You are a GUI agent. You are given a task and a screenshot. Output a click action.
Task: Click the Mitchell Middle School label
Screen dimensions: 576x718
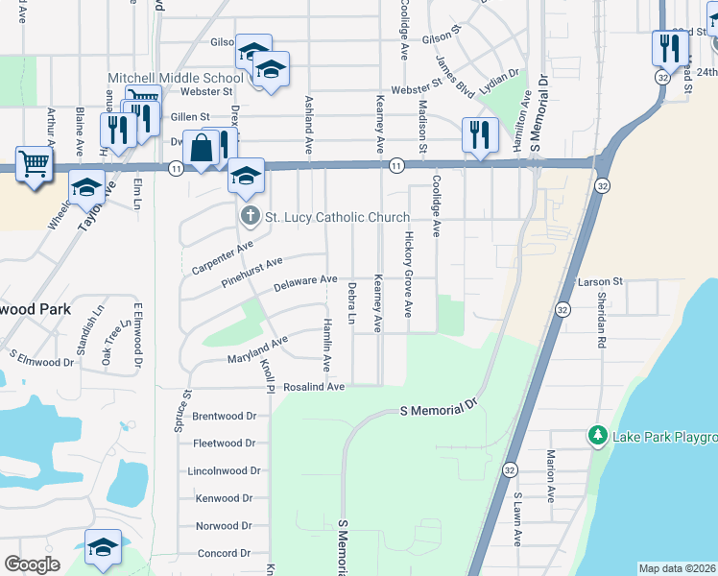176,78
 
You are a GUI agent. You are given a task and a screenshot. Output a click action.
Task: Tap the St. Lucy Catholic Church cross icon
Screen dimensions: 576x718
250,217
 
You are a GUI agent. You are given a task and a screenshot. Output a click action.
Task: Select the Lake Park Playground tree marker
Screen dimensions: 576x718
599,438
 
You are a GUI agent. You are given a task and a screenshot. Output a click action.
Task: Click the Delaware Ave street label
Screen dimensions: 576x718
305,283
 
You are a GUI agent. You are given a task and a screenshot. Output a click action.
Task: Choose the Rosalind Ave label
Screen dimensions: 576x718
314,387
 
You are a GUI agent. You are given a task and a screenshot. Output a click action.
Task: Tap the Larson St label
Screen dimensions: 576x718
601,282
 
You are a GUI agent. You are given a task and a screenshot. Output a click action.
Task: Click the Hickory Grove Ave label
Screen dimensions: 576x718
408,275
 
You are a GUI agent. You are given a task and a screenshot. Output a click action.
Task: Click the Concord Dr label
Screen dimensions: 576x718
223,554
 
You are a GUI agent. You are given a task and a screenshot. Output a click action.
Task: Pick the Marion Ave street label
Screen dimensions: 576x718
551,476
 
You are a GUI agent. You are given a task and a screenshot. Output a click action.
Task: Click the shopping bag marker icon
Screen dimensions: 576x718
201,149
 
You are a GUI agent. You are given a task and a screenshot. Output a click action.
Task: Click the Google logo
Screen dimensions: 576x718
32,564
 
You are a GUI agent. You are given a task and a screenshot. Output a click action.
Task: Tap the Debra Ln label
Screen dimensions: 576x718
352,303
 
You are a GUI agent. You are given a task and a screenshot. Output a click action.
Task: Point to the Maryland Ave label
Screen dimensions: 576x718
257,351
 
